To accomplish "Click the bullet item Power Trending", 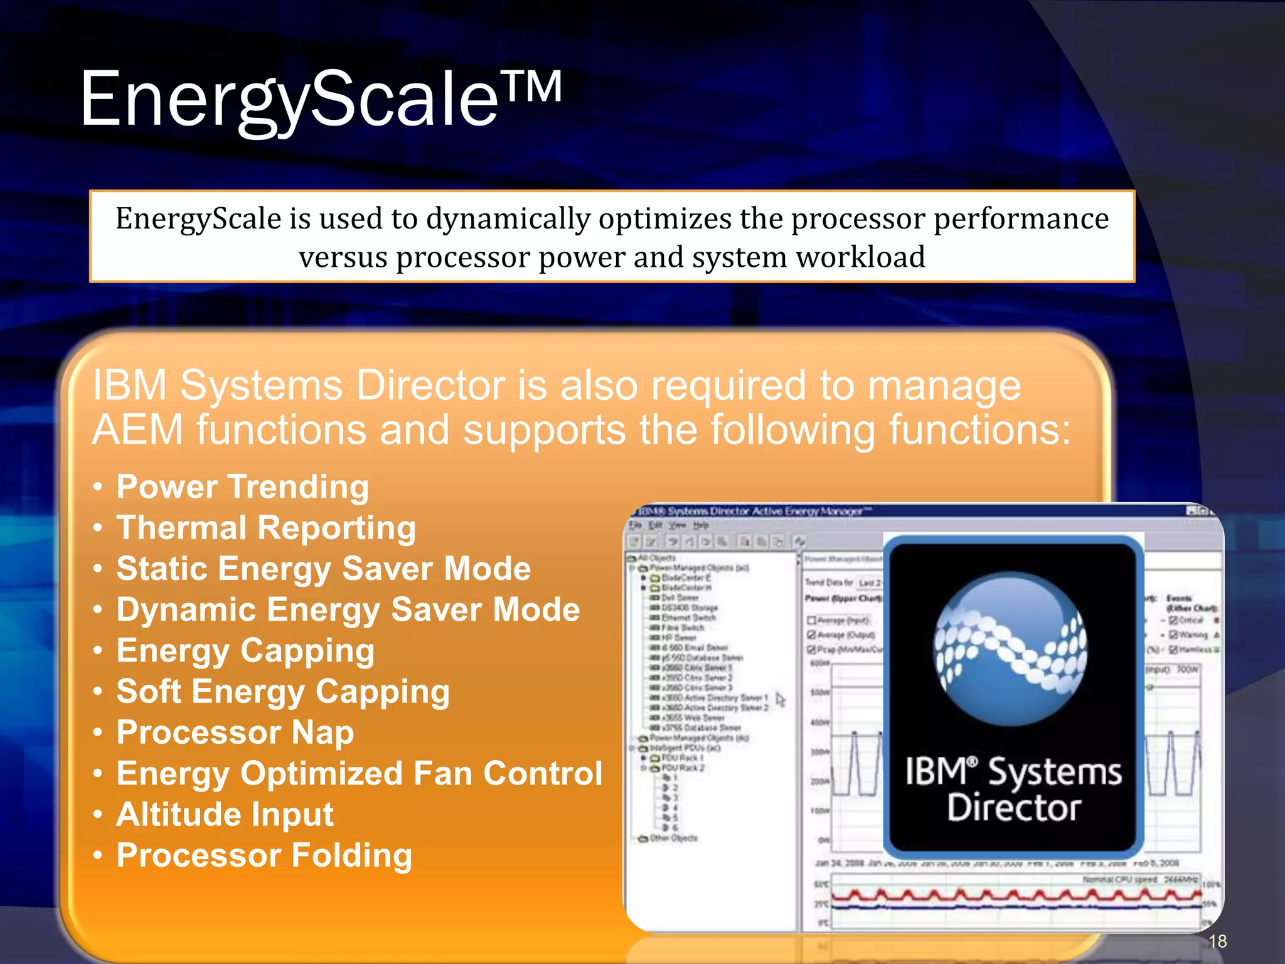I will tap(242, 487).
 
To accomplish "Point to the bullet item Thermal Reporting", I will tap(266, 528).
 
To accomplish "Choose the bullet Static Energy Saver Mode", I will tap(323, 569).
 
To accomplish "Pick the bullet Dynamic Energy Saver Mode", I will tap(348, 610).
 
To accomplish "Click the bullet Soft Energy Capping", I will tap(282, 692).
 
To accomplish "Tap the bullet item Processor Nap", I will tap(235, 732).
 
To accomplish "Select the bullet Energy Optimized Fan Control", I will tap(359, 773).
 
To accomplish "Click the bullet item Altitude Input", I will tap(225, 815).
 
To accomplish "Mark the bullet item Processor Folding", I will tap(264, 855).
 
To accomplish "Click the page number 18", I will tap(1217, 941).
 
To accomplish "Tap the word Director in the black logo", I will tap(1014, 808).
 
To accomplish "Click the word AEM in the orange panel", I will tap(137, 431).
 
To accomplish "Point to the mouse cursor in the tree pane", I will tap(780, 699).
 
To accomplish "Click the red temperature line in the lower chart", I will tap(1004, 895).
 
